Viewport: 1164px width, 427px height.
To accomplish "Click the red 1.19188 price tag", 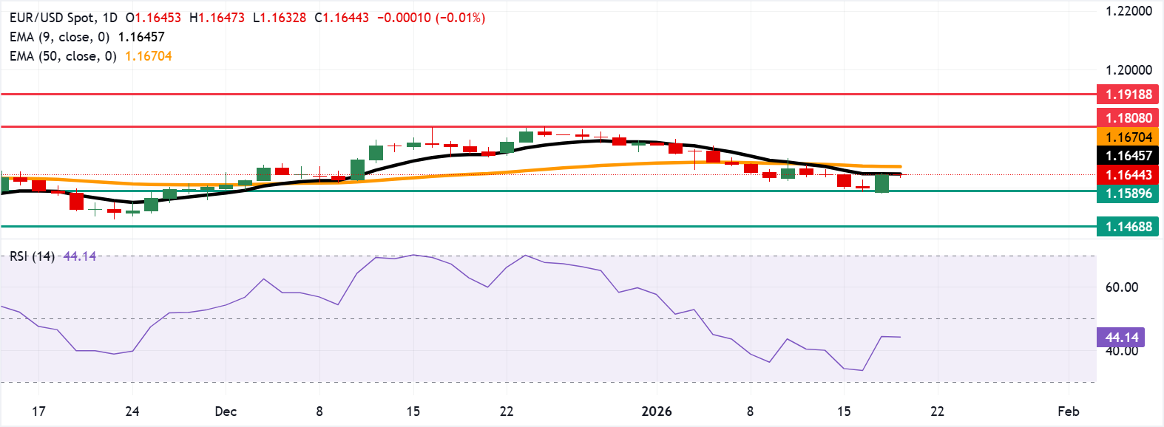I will point(1128,95).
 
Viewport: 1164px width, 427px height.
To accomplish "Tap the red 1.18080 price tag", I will point(1128,118).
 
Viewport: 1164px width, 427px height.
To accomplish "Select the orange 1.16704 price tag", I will point(1128,137).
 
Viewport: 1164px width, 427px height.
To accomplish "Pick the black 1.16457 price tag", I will point(1128,156).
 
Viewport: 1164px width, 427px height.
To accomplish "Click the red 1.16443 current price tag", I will point(1128,175).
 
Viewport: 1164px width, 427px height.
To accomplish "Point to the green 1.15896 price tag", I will point(1128,194).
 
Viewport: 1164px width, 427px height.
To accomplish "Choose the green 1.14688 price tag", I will point(1128,227).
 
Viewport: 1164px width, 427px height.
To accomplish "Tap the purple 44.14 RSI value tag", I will point(1121,338).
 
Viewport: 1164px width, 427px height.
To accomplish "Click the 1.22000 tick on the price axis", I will point(1129,11).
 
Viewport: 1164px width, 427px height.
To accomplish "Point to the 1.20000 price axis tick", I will point(1129,70).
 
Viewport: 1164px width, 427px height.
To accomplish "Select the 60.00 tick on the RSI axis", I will point(1121,287).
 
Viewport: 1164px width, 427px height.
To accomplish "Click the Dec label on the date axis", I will point(226,411).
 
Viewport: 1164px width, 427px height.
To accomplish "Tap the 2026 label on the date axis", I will point(656,411).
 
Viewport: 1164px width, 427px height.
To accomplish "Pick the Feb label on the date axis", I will point(1068,411).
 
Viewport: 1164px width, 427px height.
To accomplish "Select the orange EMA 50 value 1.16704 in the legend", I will point(148,56).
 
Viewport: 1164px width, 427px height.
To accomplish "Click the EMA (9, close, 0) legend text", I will point(59,37).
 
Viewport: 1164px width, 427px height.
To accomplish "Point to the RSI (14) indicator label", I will point(32,256).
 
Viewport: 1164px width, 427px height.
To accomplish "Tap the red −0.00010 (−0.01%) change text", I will point(431,18).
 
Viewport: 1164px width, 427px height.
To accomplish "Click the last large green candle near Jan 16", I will point(882,183).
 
